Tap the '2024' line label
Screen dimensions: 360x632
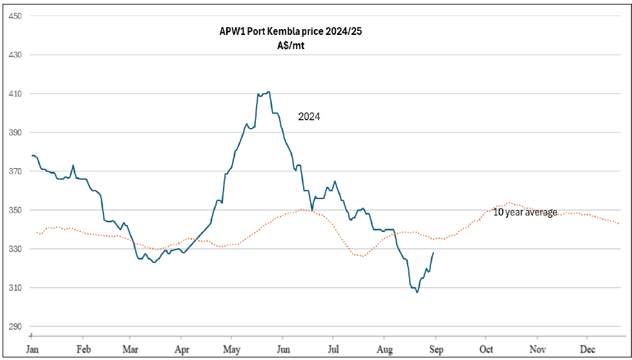[309, 117]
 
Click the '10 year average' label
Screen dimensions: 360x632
[525, 212]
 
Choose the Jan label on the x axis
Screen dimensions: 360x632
[32, 349]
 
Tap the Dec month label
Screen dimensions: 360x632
[587, 349]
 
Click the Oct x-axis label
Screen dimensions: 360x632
[486, 349]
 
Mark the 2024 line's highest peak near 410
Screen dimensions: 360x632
[268, 92]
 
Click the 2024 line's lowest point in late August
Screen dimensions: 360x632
[417, 293]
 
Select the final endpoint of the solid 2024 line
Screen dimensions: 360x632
[433, 253]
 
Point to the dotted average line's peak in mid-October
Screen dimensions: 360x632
[509, 202]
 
